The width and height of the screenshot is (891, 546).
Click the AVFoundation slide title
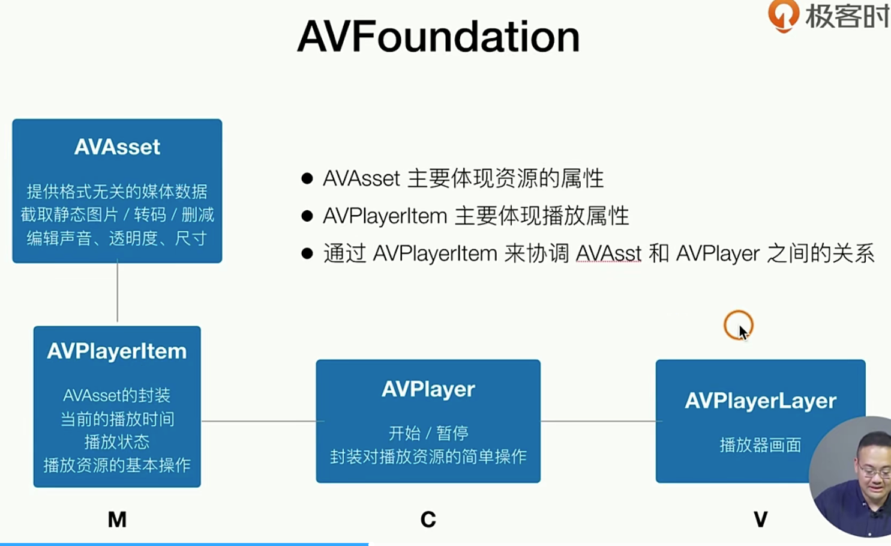click(x=439, y=37)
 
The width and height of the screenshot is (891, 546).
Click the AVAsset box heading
click(x=117, y=147)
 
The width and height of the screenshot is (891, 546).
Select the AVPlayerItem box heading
click(x=117, y=351)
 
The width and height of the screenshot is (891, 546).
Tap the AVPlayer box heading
click(x=428, y=389)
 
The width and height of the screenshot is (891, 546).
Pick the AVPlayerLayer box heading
click(x=761, y=401)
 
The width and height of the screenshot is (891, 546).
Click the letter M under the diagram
click(x=118, y=520)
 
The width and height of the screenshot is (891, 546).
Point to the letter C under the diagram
click(x=428, y=520)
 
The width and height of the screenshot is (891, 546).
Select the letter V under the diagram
click(x=761, y=520)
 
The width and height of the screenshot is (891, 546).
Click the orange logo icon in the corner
click(x=783, y=16)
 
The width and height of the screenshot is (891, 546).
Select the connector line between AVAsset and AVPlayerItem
click(x=118, y=292)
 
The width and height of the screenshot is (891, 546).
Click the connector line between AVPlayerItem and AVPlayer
click(x=263, y=421)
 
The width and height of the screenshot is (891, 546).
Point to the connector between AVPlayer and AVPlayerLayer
click(x=601, y=421)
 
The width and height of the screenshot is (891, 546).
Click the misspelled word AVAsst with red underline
click(x=608, y=253)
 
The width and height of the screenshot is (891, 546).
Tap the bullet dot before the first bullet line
click(x=307, y=178)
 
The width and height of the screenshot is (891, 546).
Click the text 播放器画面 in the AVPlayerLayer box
click(x=761, y=445)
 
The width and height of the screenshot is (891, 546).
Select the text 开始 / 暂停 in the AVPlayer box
click(x=428, y=433)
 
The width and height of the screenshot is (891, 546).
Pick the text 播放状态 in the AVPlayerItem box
click(x=117, y=442)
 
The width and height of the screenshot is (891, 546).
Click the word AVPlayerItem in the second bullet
click(x=385, y=216)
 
